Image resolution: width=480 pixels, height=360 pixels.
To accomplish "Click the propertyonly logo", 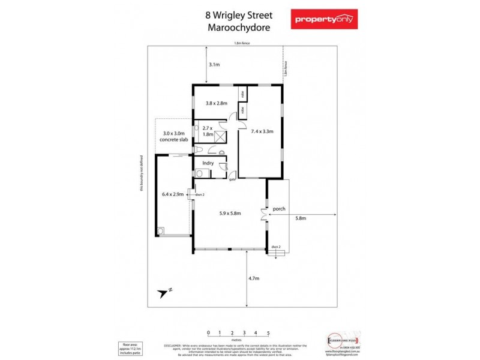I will (x=323, y=19).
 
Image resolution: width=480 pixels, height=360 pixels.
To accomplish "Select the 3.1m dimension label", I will (x=214, y=64).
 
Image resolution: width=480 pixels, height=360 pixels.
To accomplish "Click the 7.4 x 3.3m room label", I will (x=262, y=131).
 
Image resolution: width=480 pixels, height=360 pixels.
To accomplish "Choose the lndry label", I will (x=208, y=163).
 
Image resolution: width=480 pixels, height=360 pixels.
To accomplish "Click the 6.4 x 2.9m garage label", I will (x=173, y=194).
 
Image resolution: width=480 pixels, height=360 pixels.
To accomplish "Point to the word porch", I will (x=278, y=209).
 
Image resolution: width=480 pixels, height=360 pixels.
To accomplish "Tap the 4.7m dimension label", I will (x=253, y=278).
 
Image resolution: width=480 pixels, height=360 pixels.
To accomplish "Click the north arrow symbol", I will (x=164, y=292).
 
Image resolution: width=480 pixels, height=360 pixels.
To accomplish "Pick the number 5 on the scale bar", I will (x=268, y=332).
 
